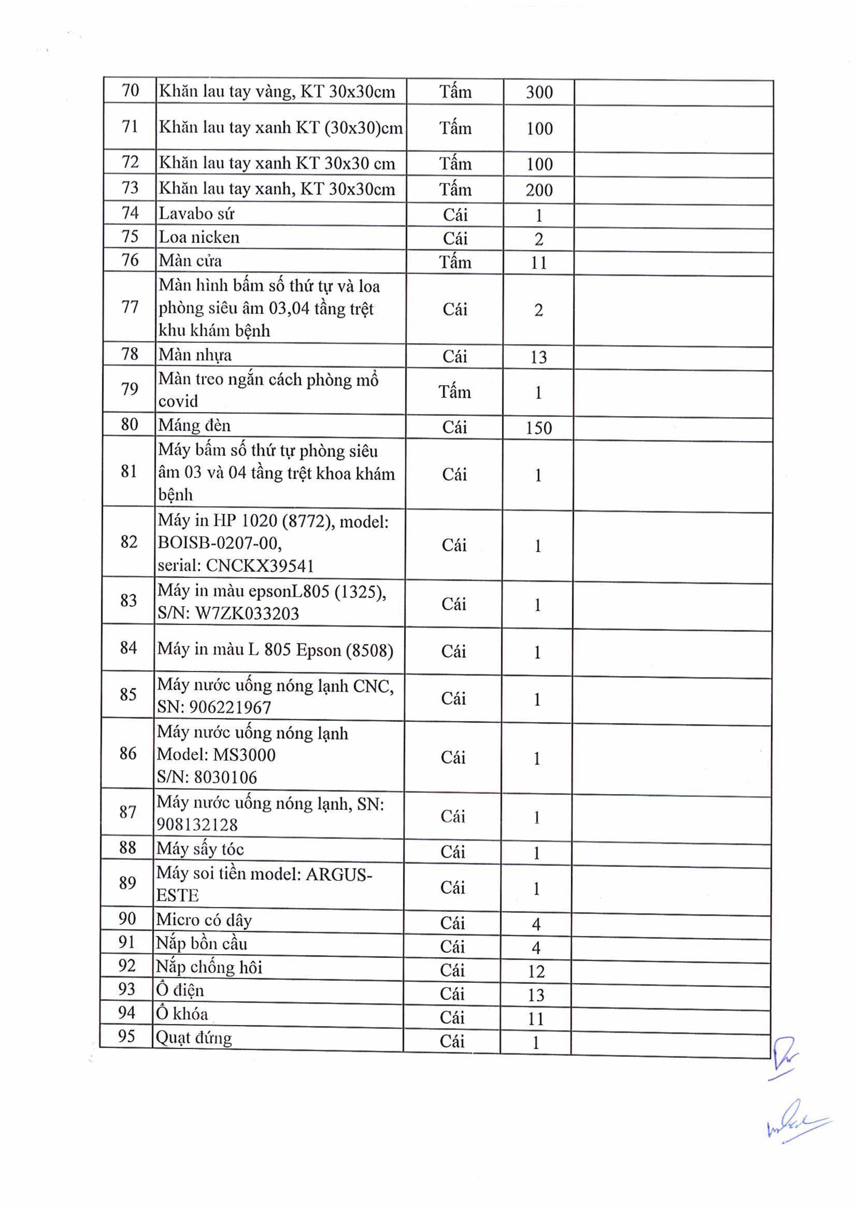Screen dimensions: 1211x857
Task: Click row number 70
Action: (130, 91)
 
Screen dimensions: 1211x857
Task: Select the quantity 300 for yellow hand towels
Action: (539, 92)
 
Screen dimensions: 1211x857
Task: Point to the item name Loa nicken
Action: (199, 237)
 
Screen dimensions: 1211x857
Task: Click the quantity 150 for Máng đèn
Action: (538, 428)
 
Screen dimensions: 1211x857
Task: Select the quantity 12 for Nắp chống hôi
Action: (536, 971)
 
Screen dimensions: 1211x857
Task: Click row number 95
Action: (127, 1036)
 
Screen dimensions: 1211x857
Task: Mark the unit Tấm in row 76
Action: (455, 262)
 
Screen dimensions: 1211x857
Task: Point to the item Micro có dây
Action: (204, 920)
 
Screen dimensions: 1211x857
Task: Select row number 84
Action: (128, 648)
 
